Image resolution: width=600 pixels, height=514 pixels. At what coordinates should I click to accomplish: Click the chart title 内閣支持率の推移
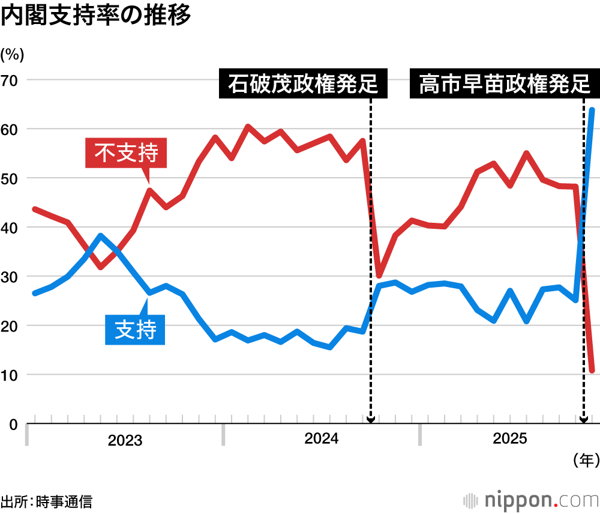pyautogui.click(x=96, y=16)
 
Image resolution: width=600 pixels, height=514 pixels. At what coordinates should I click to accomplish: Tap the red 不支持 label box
pyautogui.click(x=126, y=153)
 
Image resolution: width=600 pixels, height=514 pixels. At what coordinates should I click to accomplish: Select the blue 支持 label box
pyautogui.click(x=135, y=329)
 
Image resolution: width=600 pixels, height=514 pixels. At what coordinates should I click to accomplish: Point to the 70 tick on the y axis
pyautogui.click(x=11, y=80)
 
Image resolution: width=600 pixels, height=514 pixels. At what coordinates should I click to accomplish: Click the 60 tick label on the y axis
pyautogui.click(x=11, y=129)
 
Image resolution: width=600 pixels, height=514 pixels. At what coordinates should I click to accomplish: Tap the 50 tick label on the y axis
pyautogui.click(x=11, y=178)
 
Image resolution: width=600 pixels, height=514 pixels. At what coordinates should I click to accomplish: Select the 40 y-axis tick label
pyautogui.click(x=11, y=228)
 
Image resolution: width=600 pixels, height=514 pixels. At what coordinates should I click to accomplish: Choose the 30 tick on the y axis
pyautogui.click(x=11, y=277)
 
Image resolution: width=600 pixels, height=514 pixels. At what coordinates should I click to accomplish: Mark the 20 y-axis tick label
pyautogui.click(x=11, y=326)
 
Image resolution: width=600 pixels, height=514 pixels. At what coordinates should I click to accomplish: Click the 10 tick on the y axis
pyautogui.click(x=11, y=375)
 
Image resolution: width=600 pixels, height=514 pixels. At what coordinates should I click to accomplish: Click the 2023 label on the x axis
pyautogui.click(x=125, y=441)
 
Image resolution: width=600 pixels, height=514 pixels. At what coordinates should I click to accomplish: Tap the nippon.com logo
pyautogui.click(x=531, y=500)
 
